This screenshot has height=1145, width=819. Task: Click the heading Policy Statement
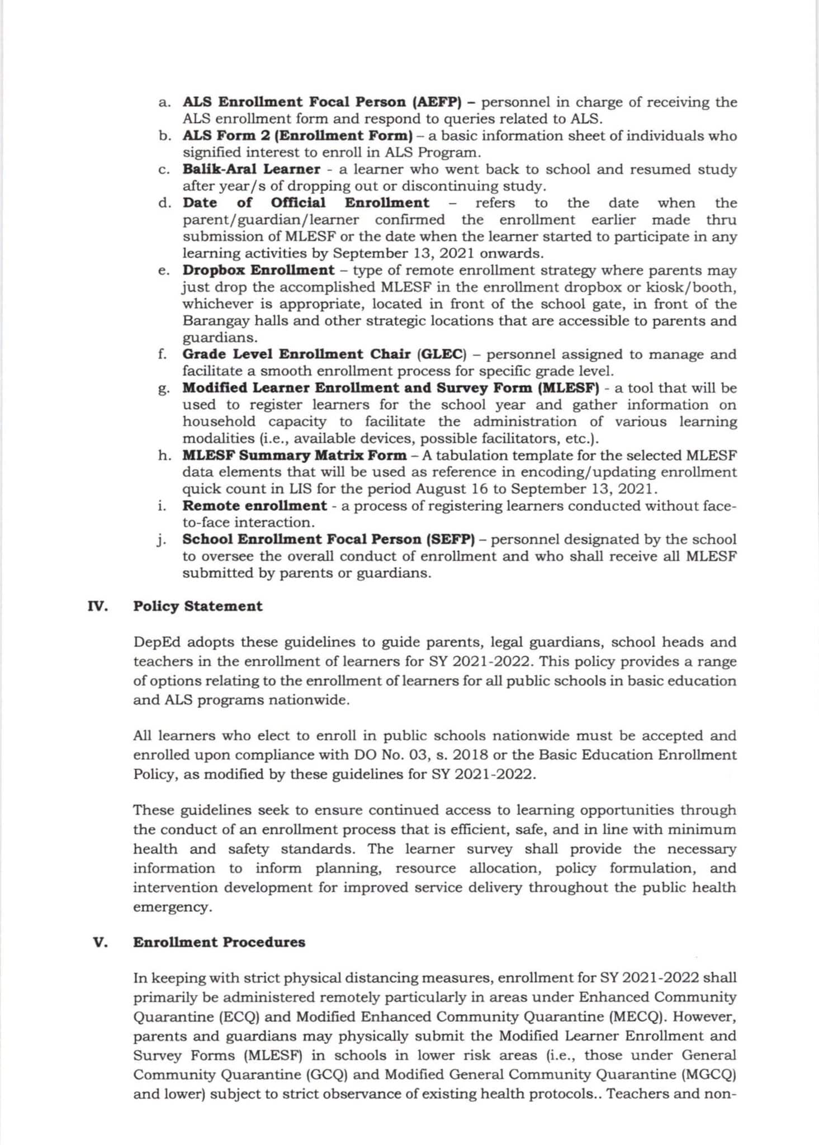point(197,606)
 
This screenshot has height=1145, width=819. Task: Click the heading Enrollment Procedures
point(219,942)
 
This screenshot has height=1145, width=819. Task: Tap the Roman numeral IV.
point(98,606)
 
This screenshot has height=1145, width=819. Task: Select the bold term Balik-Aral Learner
point(252,169)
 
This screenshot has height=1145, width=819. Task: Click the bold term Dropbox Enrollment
point(258,270)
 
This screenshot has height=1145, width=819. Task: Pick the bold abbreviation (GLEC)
point(442,354)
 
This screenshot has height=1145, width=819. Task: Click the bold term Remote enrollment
point(254,506)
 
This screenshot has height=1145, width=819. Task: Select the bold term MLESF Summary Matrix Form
point(295,455)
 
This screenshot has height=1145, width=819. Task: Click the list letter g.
point(164,389)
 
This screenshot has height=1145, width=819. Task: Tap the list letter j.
point(162,540)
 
